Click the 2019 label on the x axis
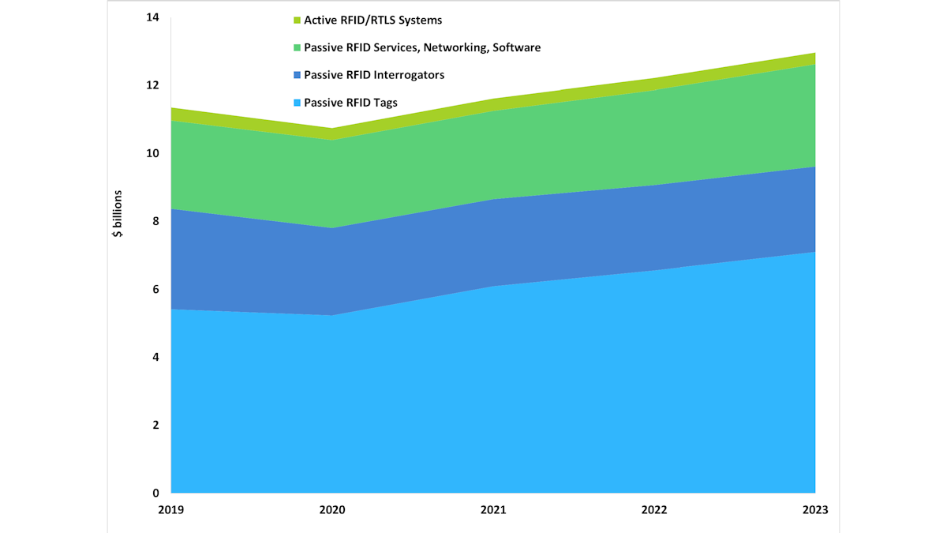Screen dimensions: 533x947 tap(171, 509)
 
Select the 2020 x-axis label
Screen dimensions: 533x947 tap(332, 509)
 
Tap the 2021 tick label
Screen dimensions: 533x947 tap(493, 509)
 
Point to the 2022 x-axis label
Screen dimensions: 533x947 tap(654, 509)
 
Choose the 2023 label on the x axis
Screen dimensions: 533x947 tap(815, 509)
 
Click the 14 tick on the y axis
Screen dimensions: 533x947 tap(153, 17)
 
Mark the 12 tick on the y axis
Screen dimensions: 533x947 tap(153, 85)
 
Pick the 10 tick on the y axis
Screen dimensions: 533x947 tap(153, 153)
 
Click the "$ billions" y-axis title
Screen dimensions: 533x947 tap(118, 213)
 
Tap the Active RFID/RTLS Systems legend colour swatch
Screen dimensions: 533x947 tap(297, 20)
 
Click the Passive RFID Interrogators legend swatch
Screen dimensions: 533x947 tap(297, 75)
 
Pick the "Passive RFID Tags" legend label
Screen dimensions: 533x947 tap(351, 102)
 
